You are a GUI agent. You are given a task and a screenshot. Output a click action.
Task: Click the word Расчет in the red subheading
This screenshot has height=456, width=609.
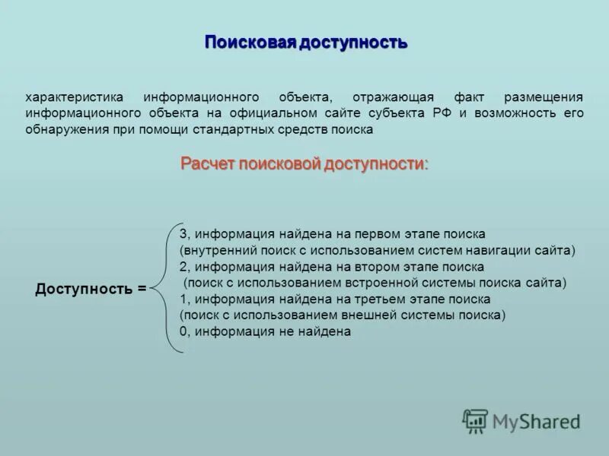(207, 163)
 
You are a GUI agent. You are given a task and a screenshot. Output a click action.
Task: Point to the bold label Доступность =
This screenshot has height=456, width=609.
(91, 289)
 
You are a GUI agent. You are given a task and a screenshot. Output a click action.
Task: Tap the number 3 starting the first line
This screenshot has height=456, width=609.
(183, 233)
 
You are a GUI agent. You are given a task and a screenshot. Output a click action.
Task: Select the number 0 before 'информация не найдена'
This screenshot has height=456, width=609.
(183, 332)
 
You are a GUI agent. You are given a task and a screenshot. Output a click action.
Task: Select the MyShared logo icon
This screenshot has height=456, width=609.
(475, 421)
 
